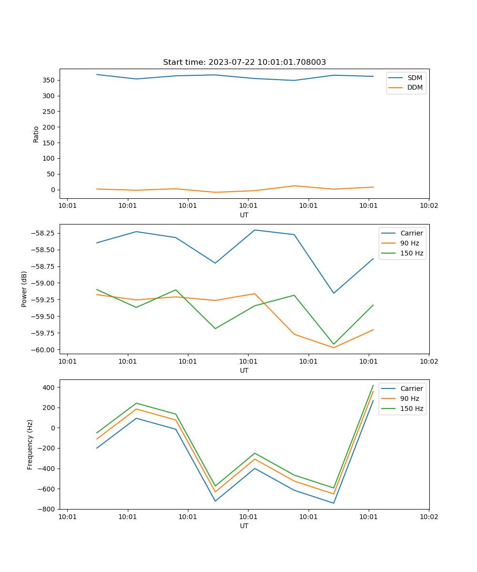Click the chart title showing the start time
click(x=244, y=62)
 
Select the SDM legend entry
click(x=415, y=78)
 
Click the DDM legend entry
click(x=415, y=87)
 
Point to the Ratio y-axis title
click(x=36, y=134)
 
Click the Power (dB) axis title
click(x=24, y=289)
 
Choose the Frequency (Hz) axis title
click(x=30, y=444)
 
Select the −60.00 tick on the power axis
click(x=42, y=350)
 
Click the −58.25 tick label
click(x=42, y=233)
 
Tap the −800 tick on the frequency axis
click(x=47, y=509)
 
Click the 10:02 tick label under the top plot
click(x=429, y=205)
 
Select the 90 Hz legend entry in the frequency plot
click(x=410, y=398)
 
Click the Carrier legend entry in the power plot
click(x=412, y=233)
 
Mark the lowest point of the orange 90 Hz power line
click(x=333, y=347)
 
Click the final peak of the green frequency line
click(x=373, y=385)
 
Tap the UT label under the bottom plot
click(x=244, y=526)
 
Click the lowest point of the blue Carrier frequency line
click(x=333, y=503)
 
